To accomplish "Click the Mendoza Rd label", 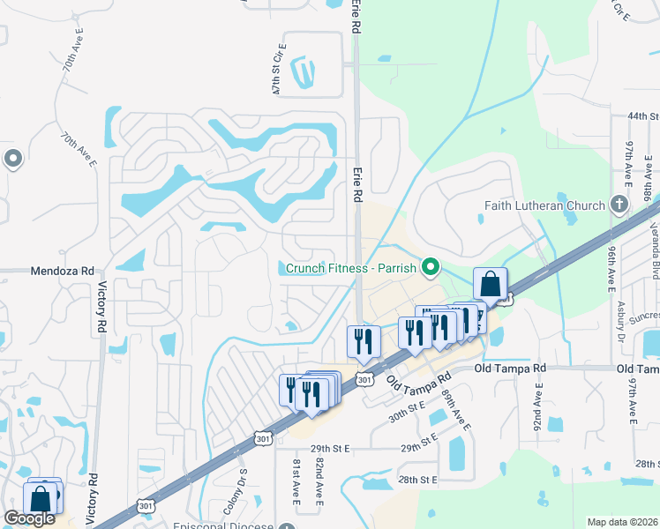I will (63, 272).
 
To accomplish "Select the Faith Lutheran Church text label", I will (544, 205).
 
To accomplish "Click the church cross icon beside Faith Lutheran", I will (619, 205).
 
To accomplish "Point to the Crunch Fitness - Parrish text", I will (350, 267).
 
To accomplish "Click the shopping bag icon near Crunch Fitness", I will (490, 285).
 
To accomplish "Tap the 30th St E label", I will (407, 405).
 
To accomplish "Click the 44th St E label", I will (643, 116).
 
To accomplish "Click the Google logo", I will (28, 518).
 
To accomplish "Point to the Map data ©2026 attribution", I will (622, 522).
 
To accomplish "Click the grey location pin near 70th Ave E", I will (13, 160).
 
